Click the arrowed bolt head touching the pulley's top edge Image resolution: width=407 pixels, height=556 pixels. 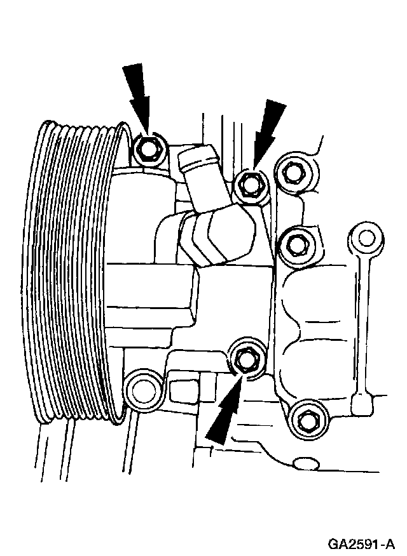(148, 149)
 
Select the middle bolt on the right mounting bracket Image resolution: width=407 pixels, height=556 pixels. (294, 242)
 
